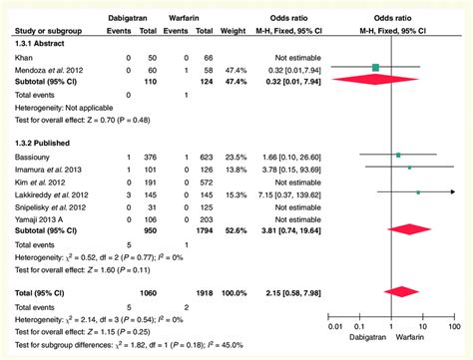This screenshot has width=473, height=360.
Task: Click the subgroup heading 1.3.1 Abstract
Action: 37,44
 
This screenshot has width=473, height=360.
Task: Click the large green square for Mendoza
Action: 376,68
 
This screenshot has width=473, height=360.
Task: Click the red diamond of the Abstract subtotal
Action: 376,80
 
